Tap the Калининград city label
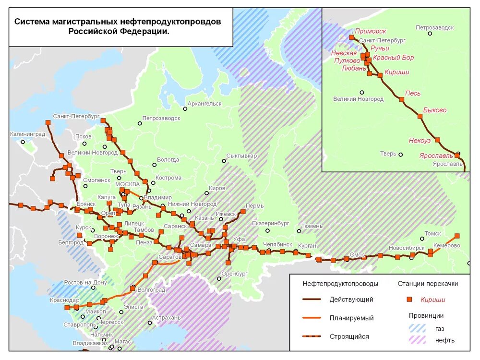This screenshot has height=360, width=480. click(x=27, y=134)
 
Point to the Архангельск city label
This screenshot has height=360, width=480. click(x=205, y=103)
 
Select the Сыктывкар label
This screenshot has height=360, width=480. click(x=241, y=156)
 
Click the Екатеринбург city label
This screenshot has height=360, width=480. click(x=271, y=223)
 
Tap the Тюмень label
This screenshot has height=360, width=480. click(x=312, y=226)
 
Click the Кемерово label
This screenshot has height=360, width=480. click(x=447, y=245)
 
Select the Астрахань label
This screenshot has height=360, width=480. click(x=166, y=317)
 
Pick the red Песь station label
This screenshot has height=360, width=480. click(x=413, y=93)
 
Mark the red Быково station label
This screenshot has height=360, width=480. click(x=435, y=110)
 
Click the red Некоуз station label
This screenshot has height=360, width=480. click(x=420, y=141)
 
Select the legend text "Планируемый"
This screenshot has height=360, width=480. click(x=351, y=318)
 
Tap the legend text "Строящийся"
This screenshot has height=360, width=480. click(x=349, y=336)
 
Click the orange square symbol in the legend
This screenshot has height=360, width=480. click(x=409, y=300)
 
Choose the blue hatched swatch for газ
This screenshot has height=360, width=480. click(x=417, y=329)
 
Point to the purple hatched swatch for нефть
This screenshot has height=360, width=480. click(x=417, y=340)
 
